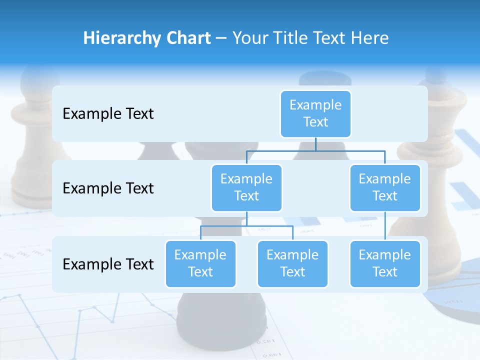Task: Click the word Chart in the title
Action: [187, 38]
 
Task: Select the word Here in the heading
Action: [370, 38]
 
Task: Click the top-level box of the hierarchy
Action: [315, 113]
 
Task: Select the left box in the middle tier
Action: [246, 187]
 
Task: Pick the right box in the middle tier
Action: [385, 187]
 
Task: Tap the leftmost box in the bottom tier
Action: [200, 263]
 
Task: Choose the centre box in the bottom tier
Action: [292, 263]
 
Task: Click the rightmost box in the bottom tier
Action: [385, 263]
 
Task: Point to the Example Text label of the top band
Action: [108, 114]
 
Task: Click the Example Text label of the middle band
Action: [108, 188]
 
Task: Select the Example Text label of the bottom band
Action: [108, 264]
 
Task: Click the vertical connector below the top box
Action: [315, 144]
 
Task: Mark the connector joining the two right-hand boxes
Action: [385, 226]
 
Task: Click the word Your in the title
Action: [248, 38]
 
